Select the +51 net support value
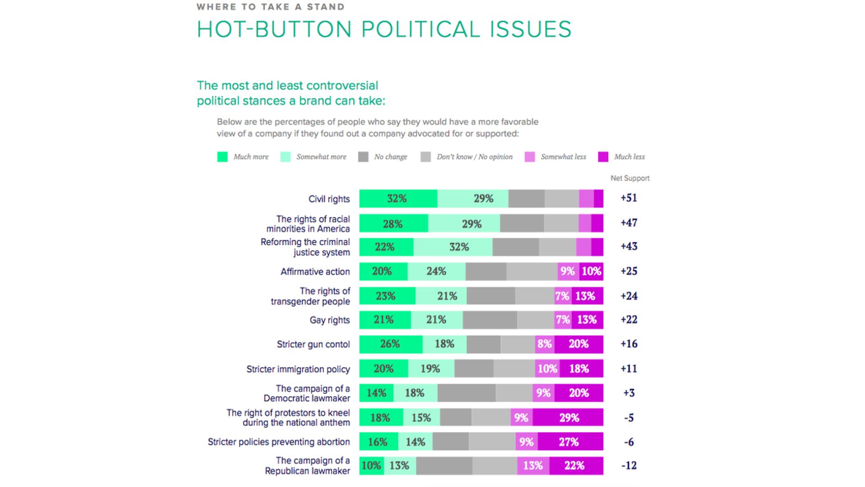(628, 198)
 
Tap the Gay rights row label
(329, 320)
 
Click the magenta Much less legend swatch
(603, 157)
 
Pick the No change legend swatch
(363, 157)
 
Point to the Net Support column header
(630, 178)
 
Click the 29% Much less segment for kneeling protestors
(568, 418)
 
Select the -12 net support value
(629, 465)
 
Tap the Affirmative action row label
(315, 272)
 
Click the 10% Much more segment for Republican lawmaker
(371, 466)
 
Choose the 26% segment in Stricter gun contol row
(391, 344)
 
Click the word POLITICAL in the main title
(421, 29)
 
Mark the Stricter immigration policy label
(298, 369)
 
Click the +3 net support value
(629, 393)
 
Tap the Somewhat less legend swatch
(530, 157)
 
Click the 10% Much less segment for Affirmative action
(591, 271)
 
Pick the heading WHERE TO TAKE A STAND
(270, 7)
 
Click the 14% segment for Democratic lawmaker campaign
(376, 393)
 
